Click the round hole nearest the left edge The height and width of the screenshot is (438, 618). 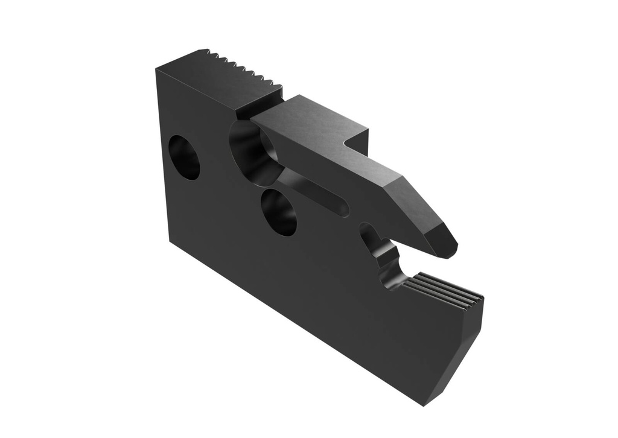(x=183, y=157)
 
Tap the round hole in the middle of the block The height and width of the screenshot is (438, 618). (x=279, y=212)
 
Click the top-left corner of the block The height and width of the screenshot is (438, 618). (x=156, y=70)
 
